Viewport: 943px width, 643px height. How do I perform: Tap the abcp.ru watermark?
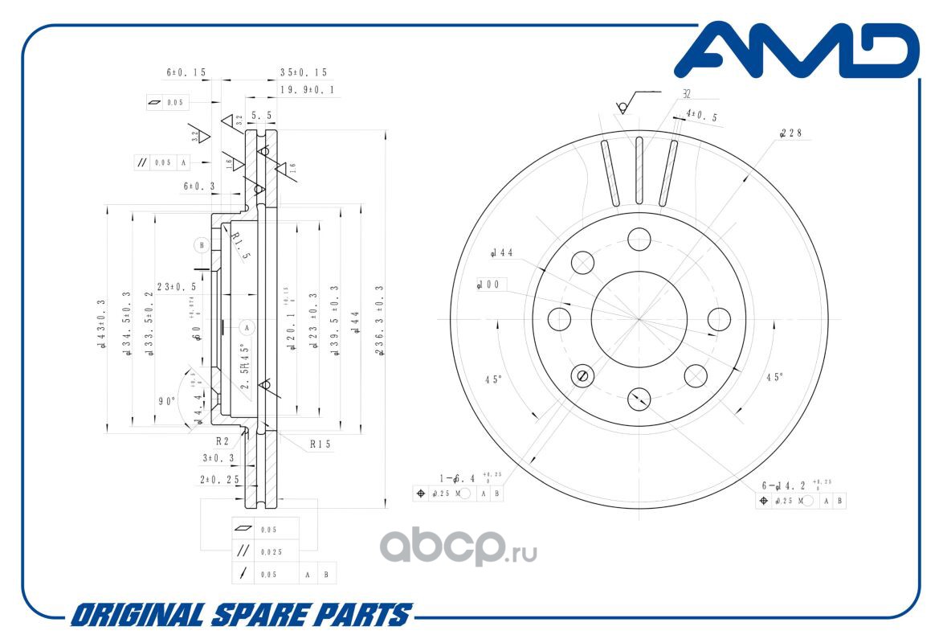(457, 548)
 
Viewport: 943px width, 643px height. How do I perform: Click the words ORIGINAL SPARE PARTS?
(240, 616)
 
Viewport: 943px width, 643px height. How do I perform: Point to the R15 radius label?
(321, 444)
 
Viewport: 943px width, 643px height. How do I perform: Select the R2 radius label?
(222, 440)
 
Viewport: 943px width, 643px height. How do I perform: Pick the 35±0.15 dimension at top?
(303, 72)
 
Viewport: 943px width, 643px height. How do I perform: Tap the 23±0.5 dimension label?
(176, 286)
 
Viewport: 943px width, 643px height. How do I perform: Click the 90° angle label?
(166, 400)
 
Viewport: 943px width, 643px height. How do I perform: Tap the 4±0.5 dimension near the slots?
(701, 117)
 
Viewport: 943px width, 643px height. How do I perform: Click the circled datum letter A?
(247, 327)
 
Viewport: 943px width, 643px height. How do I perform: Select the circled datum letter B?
(202, 244)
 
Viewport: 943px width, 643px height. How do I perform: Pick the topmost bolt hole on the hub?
(639, 239)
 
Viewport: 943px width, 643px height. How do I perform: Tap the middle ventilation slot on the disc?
(639, 170)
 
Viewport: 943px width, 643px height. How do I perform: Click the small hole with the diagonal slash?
(583, 375)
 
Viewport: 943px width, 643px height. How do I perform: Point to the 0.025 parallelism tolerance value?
(271, 551)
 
